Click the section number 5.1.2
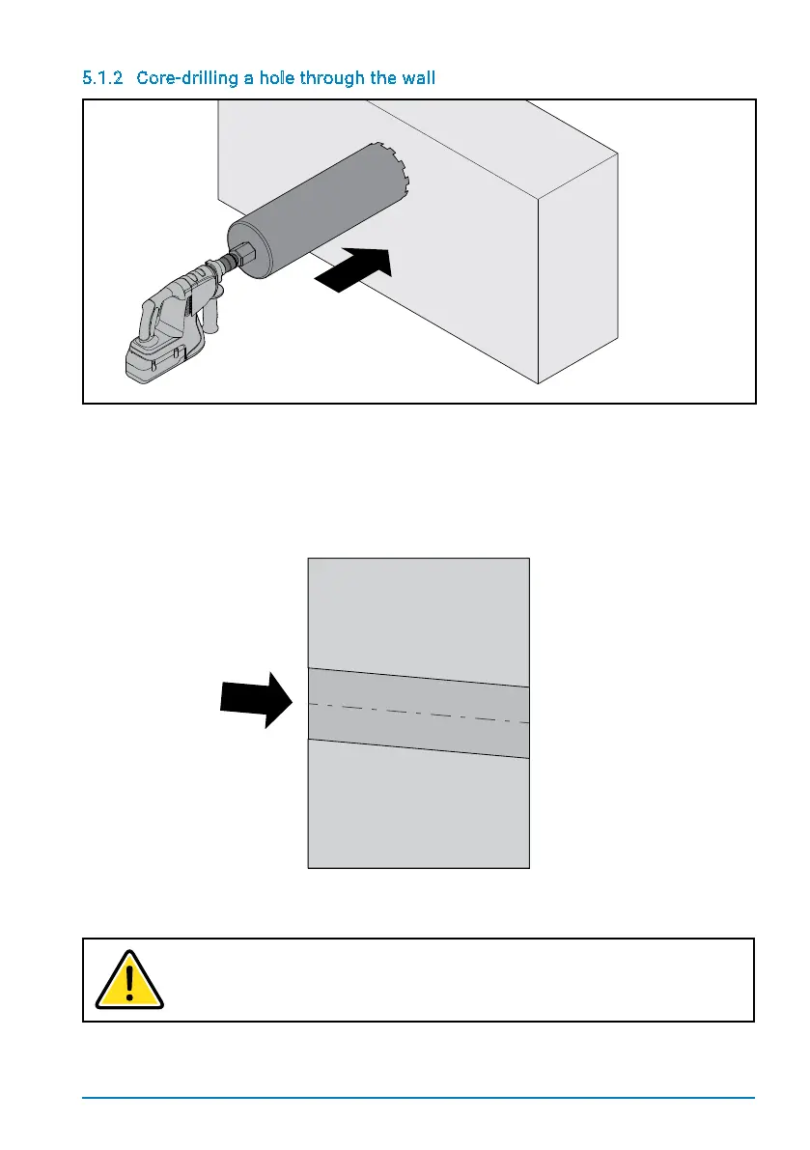click(x=102, y=77)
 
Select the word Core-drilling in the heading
click(x=181, y=77)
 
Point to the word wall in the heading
click(x=418, y=77)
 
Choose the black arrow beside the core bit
click(x=355, y=269)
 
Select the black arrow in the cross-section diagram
click(x=256, y=699)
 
